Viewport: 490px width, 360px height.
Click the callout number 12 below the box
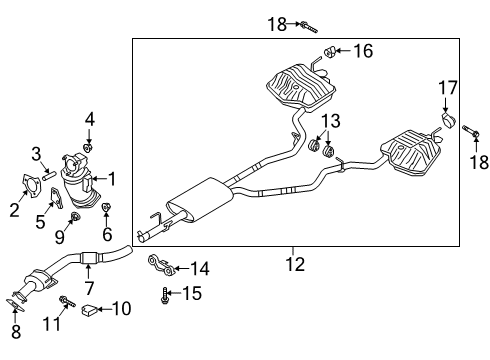pos(295,264)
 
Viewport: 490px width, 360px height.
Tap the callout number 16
pos(363,51)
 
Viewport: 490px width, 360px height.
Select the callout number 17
pos(448,88)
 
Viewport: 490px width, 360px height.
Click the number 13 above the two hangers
pos(331,121)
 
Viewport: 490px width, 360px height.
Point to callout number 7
pos(89,288)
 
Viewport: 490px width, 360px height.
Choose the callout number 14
pos(200,268)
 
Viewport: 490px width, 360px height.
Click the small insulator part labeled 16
pos(330,52)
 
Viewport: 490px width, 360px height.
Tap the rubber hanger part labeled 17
pos(449,120)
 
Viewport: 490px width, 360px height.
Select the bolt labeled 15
pos(164,296)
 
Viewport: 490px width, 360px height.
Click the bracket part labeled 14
pos(161,265)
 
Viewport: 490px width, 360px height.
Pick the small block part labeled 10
pos(89,310)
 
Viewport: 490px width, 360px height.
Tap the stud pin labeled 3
pos(49,175)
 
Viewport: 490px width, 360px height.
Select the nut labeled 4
pos(88,148)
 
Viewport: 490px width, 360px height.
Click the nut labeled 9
pos(75,217)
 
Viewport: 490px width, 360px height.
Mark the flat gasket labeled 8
pos(15,305)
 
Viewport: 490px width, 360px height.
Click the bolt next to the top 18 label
pos(309,27)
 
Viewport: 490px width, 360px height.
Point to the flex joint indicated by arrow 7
pos(88,258)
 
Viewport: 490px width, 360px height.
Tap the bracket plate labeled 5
pos(57,198)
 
